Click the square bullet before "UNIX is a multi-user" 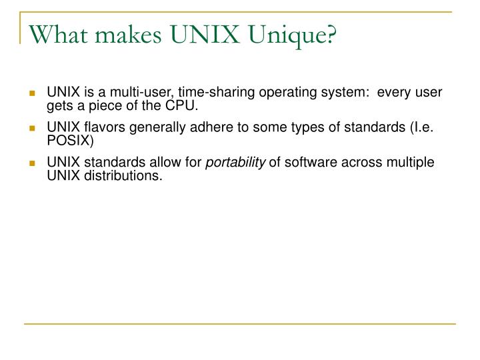tap(31, 92)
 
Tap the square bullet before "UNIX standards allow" tap(31, 163)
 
